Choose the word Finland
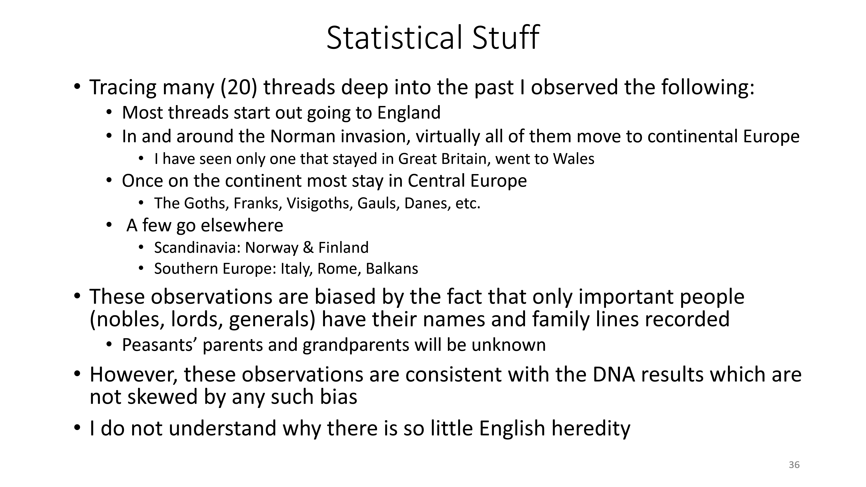(343, 248)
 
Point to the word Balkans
(392, 269)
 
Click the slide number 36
(794, 465)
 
